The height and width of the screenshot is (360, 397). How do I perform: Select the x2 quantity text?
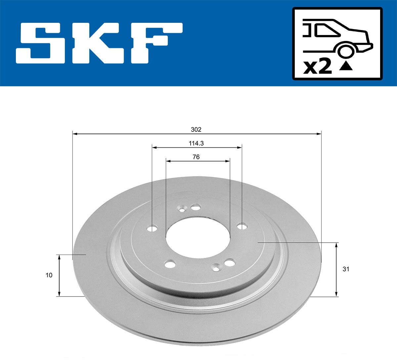point(317,67)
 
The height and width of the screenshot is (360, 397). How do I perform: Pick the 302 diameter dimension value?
point(196,130)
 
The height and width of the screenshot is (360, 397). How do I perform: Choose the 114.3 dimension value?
point(196,143)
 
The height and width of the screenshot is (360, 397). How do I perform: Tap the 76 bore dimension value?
point(196,157)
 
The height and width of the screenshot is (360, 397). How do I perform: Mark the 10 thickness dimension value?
point(49,275)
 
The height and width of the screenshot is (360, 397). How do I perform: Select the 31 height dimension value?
point(346,269)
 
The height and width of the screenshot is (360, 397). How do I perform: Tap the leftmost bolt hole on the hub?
point(152,229)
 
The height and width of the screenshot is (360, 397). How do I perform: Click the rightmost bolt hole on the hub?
point(243,226)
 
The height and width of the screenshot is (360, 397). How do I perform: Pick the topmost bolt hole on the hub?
point(196,207)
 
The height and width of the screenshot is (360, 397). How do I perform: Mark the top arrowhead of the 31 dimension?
point(336,245)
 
